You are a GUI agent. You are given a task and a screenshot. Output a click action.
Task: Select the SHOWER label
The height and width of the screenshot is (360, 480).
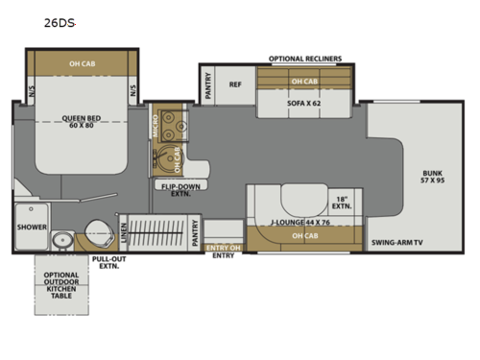[x=32, y=228]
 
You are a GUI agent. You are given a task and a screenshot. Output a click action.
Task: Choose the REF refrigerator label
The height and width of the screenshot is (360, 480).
[x=235, y=84]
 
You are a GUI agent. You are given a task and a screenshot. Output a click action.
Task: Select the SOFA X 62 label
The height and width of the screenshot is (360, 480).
[x=302, y=100]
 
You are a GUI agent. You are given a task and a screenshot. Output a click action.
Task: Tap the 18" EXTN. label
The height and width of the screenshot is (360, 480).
[x=343, y=203]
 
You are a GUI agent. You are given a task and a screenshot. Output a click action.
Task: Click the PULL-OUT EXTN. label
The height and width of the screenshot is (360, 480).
[x=108, y=263]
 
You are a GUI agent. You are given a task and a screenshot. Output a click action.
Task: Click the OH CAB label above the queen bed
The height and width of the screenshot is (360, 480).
[x=82, y=65]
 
